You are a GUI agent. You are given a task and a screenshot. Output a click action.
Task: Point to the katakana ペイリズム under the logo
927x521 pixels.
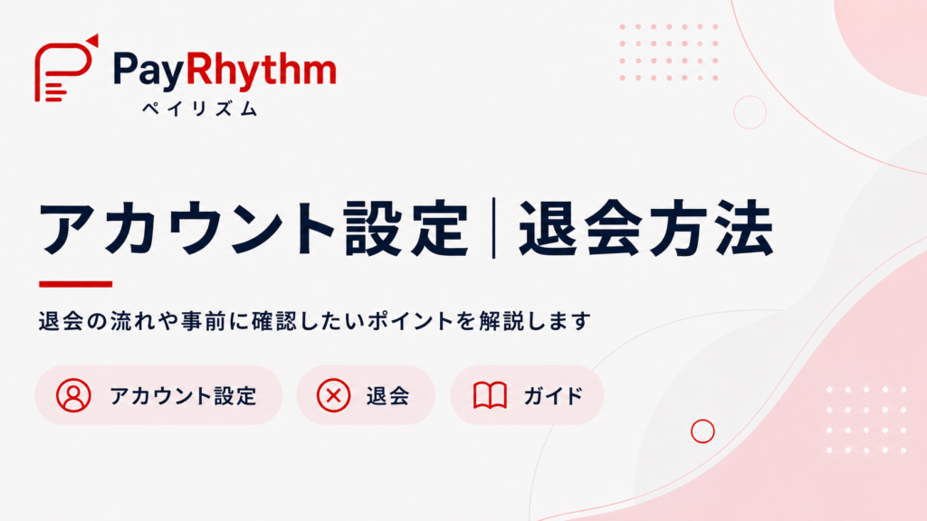tap(200, 109)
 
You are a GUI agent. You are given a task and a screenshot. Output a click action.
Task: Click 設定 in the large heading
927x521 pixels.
tap(406, 228)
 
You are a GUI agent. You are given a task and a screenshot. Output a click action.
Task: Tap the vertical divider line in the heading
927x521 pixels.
tap(493, 228)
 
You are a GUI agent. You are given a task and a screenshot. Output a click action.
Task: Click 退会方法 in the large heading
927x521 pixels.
tap(646, 228)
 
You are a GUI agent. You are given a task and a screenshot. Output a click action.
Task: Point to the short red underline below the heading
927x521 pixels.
tap(76, 284)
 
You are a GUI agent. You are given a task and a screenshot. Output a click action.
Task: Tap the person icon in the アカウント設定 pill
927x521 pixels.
tap(73, 395)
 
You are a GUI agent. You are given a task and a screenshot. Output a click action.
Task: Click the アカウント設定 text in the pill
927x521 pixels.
tap(183, 396)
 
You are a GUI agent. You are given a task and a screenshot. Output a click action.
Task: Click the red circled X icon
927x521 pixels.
tap(333, 395)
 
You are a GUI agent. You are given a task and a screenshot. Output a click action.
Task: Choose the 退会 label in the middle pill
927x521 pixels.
tap(387, 396)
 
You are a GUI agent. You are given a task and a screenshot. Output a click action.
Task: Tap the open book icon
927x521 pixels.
tap(490, 395)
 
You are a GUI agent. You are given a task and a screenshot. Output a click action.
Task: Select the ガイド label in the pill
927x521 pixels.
tap(553, 396)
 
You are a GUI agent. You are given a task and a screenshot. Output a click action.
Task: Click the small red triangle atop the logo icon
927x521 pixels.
tap(93, 40)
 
